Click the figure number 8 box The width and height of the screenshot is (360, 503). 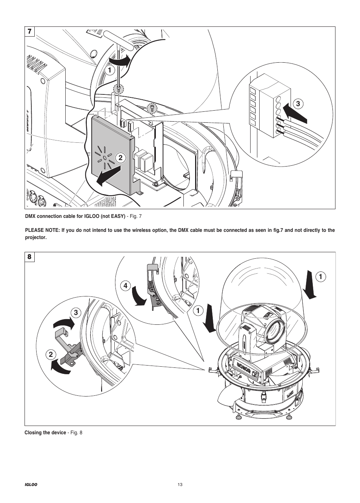[30, 257]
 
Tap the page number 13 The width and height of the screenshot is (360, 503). [180, 485]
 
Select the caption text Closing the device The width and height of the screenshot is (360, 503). [45, 433]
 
